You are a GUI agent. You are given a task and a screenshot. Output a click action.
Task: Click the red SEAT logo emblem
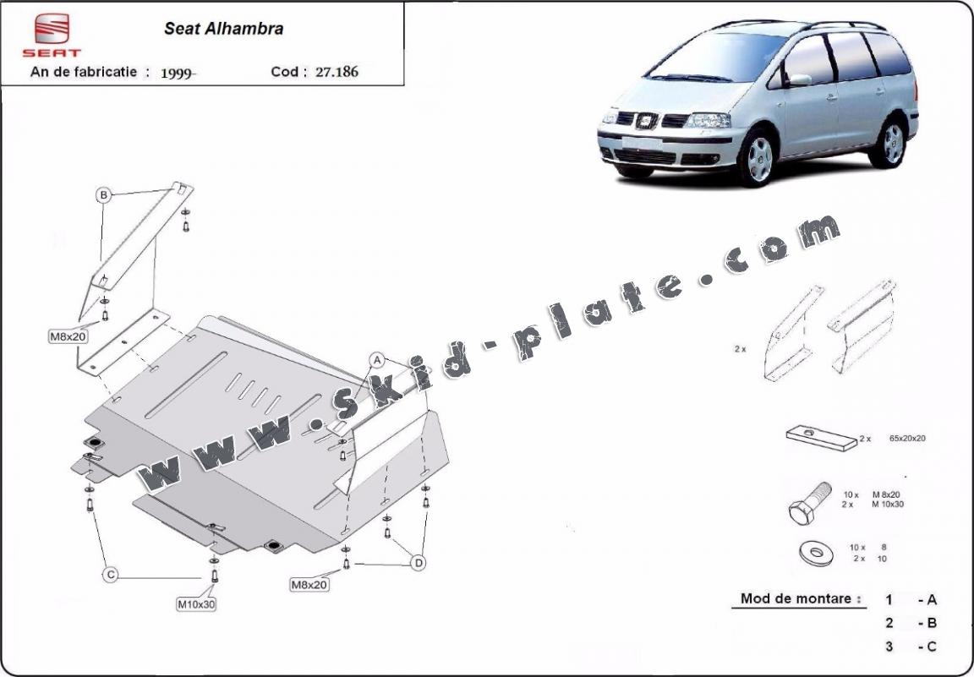tap(52, 29)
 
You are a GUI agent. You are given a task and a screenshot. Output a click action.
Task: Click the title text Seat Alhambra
tap(223, 29)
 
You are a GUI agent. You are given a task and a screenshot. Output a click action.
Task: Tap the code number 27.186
tap(337, 72)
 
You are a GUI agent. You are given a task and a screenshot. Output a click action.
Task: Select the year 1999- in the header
tap(178, 73)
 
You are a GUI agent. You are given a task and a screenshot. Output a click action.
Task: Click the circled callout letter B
tap(104, 195)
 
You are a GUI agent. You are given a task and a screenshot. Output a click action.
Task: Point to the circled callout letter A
tap(377, 359)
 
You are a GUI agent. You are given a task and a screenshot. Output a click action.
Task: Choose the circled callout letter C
tap(111, 575)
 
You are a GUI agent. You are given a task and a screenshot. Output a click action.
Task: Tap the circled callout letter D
tap(419, 563)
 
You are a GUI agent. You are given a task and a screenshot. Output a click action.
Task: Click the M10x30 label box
tap(196, 603)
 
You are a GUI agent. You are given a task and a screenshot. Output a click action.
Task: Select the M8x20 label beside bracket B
tap(68, 336)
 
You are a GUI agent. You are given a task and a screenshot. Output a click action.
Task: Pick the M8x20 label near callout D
tap(309, 584)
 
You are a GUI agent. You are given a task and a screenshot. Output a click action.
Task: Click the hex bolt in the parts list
tap(810, 504)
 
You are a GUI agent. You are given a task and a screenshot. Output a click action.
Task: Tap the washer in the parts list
tap(816, 553)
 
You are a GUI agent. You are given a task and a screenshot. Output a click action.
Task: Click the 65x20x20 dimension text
tap(907, 438)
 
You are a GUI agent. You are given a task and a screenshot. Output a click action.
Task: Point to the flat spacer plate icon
tap(822, 438)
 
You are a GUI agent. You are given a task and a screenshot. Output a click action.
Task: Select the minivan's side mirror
tap(799, 79)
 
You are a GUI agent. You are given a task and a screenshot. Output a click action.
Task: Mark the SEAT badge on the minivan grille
tap(647, 121)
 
